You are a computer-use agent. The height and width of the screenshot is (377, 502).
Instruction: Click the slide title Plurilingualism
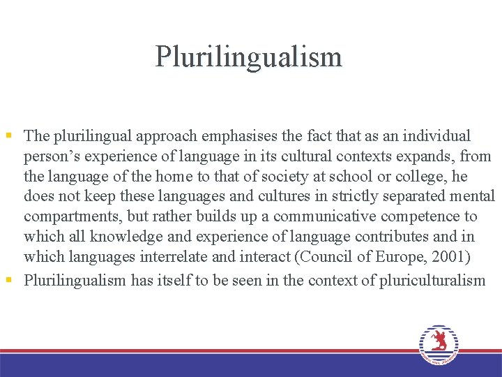click(249, 57)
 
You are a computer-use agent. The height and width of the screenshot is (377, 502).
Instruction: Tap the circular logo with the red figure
click(439, 344)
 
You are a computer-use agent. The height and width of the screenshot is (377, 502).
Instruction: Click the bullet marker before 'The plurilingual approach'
click(8, 135)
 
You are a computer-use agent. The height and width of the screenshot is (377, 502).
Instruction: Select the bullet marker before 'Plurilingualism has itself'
click(8, 281)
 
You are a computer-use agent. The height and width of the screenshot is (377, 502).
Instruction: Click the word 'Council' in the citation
click(326, 258)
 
